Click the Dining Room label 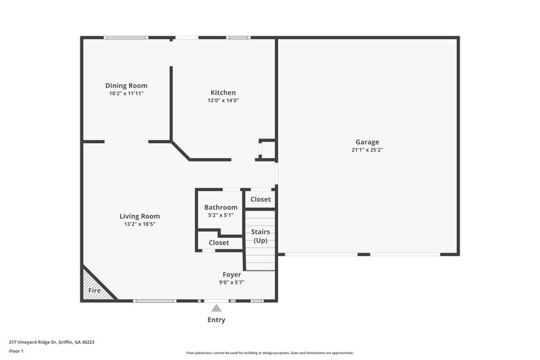(126, 86)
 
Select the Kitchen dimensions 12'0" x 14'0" (223, 100)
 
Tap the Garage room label (367, 142)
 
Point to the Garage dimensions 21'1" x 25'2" (367, 149)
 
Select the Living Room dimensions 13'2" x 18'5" (140, 224)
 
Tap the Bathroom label (221, 207)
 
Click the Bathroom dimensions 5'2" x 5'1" (221, 215)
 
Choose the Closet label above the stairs (261, 199)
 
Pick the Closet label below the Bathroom (219, 242)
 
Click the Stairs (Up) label (261, 236)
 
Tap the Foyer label (232, 275)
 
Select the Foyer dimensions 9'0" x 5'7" (232, 282)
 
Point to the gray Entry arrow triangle (216, 308)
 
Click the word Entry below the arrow (216, 319)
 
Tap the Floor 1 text (17, 351)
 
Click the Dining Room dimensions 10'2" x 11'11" (126, 93)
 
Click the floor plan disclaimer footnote (269, 353)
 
